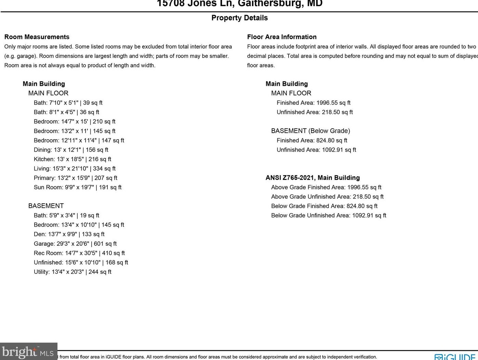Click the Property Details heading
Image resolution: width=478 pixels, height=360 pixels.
tap(239, 18)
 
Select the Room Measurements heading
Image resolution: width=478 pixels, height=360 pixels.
tap(37, 37)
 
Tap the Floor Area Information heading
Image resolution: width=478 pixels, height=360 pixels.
tap(282, 37)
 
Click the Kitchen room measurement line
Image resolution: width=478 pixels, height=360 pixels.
tap(72, 159)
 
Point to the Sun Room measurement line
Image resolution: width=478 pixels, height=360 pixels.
tap(78, 187)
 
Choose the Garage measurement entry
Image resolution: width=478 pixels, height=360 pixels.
tap(75, 244)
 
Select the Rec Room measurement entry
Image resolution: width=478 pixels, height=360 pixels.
tap(79, 253)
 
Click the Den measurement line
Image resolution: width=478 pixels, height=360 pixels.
tap(69, 234)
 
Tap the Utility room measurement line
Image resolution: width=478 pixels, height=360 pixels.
tap(72, 272)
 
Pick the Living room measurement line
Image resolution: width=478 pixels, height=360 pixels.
tap(75, 168)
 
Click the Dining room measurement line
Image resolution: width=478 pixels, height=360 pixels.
tap(71, 150)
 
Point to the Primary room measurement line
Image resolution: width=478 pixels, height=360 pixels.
tap(76, 178)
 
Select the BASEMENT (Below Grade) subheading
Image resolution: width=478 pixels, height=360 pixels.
tap(310, 131)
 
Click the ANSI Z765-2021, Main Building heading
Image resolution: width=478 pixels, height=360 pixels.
tap(313, 178)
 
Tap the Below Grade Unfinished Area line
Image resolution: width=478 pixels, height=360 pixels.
tap(329, 215)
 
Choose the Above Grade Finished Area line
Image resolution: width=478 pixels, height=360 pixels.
tap(326, 187)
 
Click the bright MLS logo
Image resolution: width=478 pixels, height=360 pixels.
tap(28, 352)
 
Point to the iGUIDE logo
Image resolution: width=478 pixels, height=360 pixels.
tap(455, 357)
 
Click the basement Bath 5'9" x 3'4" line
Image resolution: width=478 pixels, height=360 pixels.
tap(66, 215)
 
